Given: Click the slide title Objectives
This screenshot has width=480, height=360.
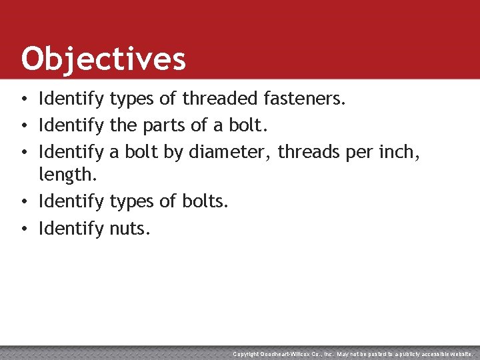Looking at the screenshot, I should (x=103, y=59).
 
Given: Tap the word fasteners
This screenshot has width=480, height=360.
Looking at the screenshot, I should (x=305, y=99).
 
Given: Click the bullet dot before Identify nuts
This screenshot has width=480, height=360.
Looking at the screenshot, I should (x=23, y=229).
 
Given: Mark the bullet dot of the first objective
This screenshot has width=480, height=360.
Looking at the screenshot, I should (x=23, y=100).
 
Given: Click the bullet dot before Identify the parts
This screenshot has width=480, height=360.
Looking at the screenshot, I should (x=23, y=126).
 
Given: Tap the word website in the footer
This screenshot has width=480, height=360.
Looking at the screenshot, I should (x=459, y=354).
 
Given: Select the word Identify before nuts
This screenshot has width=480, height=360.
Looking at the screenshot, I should (x=71, y=229).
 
